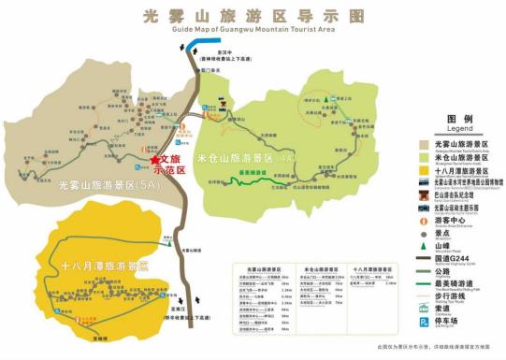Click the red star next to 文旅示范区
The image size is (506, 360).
pos(154,162)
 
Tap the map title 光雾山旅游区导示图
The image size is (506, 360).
pos(253,15)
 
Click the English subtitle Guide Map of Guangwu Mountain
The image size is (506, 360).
pos(253,30)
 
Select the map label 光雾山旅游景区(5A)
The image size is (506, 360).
pos(108,185)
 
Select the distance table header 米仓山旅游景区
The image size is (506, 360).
pos(324,269)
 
